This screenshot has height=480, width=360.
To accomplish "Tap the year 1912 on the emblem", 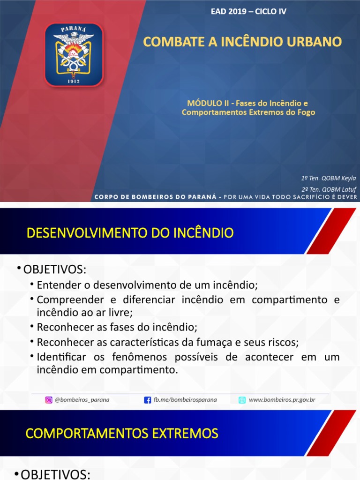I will click(74, 81).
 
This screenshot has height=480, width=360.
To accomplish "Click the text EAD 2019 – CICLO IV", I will click(248, 11).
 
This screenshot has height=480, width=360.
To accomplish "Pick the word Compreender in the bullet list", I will click(65, 300).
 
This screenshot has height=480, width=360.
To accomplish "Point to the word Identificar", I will click(60, 357).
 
